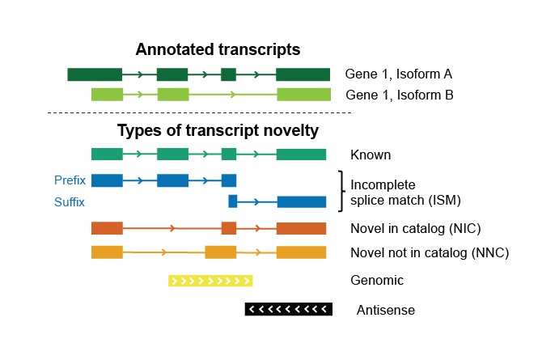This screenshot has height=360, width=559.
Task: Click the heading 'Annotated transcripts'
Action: tap(218, 49)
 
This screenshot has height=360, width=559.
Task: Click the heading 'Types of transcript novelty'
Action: tap(218, 130)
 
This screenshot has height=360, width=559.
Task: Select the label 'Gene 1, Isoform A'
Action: tap(399, 74)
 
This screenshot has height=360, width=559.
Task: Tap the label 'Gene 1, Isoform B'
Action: tap(399, 95)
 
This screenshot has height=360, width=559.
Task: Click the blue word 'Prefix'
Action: tap(70, 180)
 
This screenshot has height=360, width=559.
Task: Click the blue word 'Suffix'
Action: tap(70, 202)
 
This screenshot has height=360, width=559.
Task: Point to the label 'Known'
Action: tap(371, 155)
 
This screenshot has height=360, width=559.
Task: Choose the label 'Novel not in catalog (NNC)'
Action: tap(430, 252)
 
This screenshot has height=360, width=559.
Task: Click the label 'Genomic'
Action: tap(377, 281)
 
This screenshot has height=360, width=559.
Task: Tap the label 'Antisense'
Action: tap(386, 310)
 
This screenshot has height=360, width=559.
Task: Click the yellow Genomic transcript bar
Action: tap(210, 282)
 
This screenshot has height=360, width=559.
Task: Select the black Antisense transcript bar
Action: tap(288, 309)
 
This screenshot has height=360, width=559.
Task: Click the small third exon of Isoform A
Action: tap(228, 75)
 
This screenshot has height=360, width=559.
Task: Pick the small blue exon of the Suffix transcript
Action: tap(233, 201)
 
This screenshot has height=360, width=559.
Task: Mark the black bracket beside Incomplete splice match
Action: tap(341, 191)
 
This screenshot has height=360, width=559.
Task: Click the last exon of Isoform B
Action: tap(303, 95)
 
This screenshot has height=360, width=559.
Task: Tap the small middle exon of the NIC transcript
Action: tap(229, 228)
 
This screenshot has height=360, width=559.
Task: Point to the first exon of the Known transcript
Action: tap(107, 155)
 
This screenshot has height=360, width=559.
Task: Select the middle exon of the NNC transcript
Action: tap(221, 252)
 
